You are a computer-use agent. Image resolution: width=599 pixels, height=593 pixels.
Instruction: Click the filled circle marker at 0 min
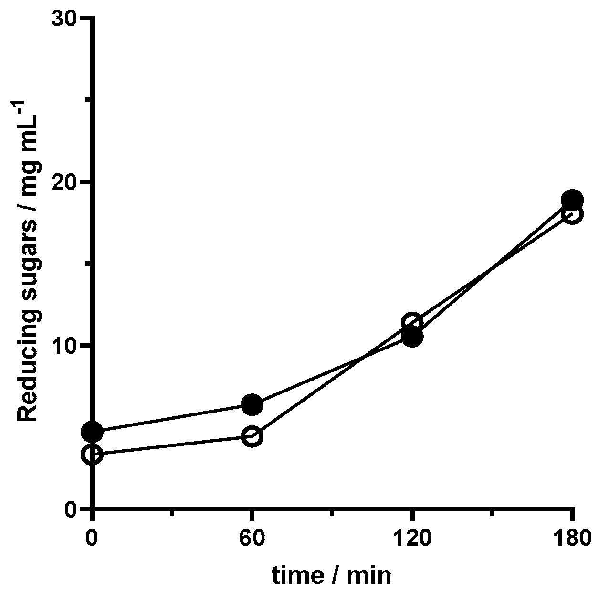(92, 432)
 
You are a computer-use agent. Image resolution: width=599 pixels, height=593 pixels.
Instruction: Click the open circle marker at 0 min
(92, 454)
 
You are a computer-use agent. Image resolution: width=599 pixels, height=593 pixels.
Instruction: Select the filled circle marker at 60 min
(252, 405)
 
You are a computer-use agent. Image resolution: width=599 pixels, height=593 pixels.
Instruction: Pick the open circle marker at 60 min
(252, 436)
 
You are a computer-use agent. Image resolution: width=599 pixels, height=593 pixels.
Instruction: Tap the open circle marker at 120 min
(412, 322)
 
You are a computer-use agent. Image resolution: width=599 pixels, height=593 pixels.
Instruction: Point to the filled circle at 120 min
(412, 337)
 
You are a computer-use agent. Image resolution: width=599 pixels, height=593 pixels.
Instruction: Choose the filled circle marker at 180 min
(572, 200)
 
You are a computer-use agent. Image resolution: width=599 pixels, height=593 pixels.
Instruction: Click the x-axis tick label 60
(252, 539)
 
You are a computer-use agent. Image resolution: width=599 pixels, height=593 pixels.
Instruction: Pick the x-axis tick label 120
(412, 539)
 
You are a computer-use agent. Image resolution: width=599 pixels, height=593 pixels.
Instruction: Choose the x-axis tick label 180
(572, 539)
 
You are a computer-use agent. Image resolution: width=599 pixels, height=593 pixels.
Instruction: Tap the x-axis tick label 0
(92, 539)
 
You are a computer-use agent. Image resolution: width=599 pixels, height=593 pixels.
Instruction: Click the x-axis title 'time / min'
(332, 575)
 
